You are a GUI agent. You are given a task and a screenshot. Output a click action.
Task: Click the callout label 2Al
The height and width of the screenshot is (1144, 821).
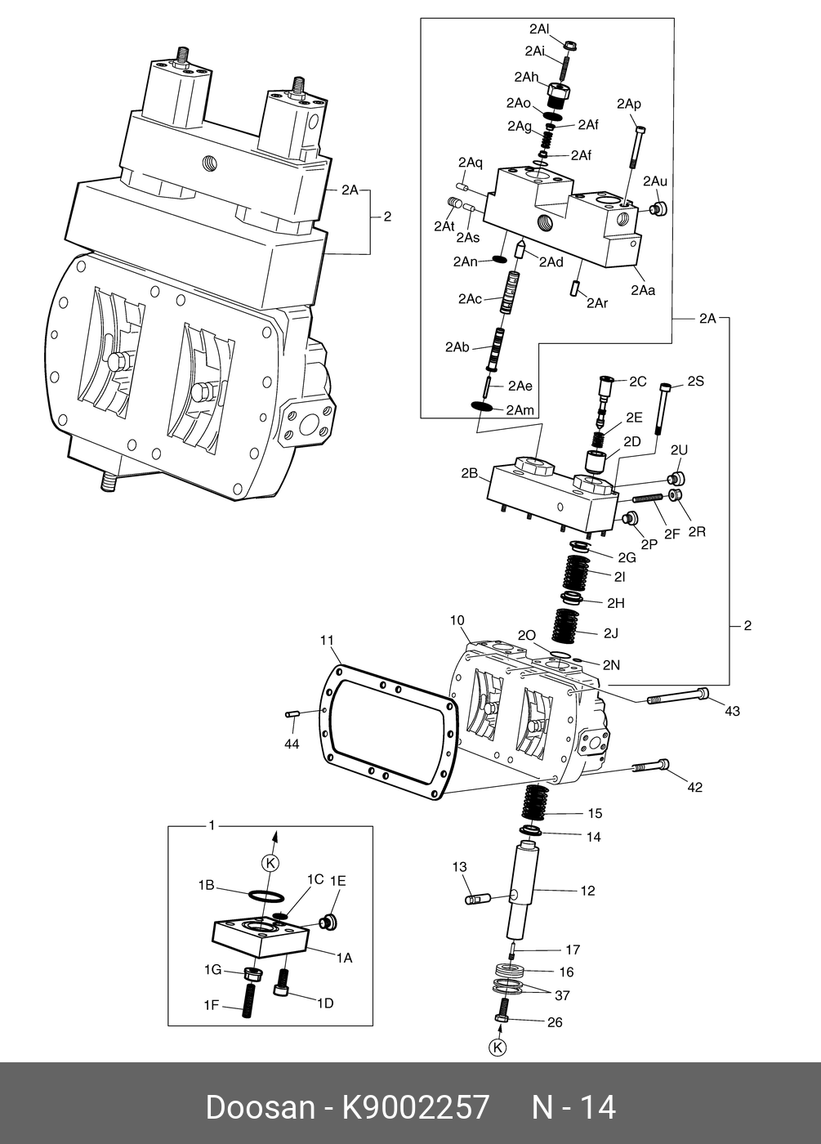538,29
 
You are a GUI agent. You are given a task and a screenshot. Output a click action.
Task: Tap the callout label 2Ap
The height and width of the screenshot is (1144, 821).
628,104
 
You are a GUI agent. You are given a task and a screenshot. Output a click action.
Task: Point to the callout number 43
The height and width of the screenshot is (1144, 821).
732,711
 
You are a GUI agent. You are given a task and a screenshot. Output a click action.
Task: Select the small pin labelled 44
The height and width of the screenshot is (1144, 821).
291,713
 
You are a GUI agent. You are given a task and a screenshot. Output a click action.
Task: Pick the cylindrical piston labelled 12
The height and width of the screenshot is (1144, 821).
522,889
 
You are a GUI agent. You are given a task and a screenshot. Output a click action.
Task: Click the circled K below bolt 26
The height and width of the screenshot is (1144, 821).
498,1048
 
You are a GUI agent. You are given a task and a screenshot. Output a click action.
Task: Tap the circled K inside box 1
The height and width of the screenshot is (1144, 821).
270,863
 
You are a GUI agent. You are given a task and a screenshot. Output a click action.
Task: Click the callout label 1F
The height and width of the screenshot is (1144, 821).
212,1005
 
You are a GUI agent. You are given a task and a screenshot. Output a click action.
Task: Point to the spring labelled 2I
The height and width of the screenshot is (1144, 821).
577,572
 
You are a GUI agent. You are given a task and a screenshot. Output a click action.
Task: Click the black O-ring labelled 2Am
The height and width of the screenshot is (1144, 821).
482,406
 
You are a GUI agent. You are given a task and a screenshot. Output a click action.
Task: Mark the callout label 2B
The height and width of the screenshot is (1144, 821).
469,473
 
